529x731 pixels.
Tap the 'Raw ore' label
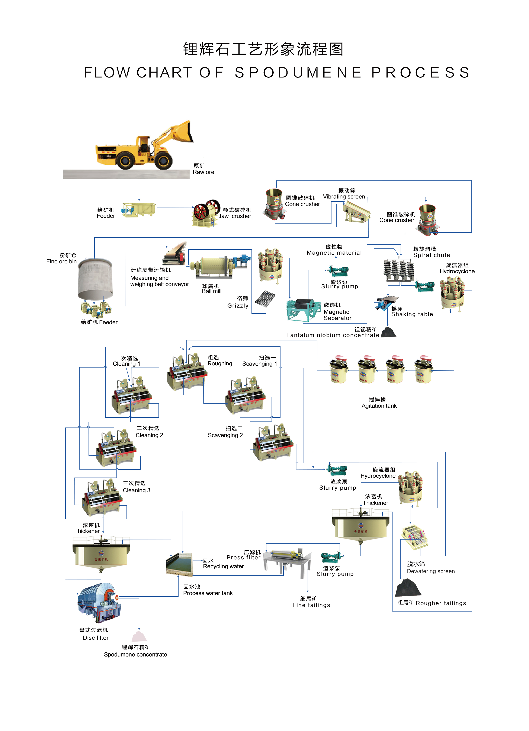point(203,172)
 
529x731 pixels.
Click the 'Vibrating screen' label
point(344,197)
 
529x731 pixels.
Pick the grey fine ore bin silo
point(95,279)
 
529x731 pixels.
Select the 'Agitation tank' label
point(379,406)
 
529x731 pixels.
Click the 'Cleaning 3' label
point(136,490)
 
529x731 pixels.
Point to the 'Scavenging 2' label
point(225,435)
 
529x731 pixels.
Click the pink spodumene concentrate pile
point(139,637)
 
